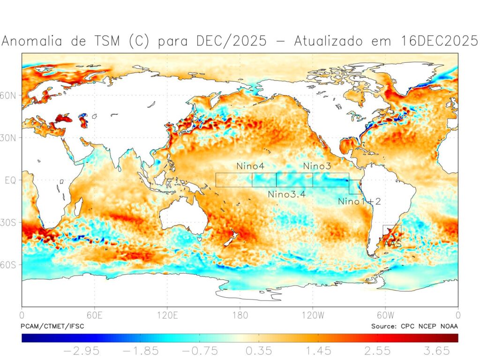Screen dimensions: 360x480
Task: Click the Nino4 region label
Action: point(250,166)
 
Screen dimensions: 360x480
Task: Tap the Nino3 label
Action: point(317,166)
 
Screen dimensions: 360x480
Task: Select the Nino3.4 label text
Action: point(287,194)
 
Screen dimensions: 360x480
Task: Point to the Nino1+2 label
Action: point(360,202)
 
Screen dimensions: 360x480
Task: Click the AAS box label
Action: point(392,244)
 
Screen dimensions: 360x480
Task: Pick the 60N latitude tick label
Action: point(10,96)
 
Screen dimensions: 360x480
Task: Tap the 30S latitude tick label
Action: point(10,222)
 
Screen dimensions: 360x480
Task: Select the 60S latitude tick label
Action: point(10,265)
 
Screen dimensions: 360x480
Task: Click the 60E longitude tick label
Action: point(95,315)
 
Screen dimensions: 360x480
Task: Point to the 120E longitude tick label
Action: point(167,315)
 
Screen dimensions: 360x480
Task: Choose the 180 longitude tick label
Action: point(240,315)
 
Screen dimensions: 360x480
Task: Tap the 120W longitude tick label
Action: point(313,315)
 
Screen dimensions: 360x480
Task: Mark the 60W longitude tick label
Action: point(385,315)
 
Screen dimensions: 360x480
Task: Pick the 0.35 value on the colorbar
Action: point(258,351)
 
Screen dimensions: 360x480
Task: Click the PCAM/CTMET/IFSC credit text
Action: point(52,326)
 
